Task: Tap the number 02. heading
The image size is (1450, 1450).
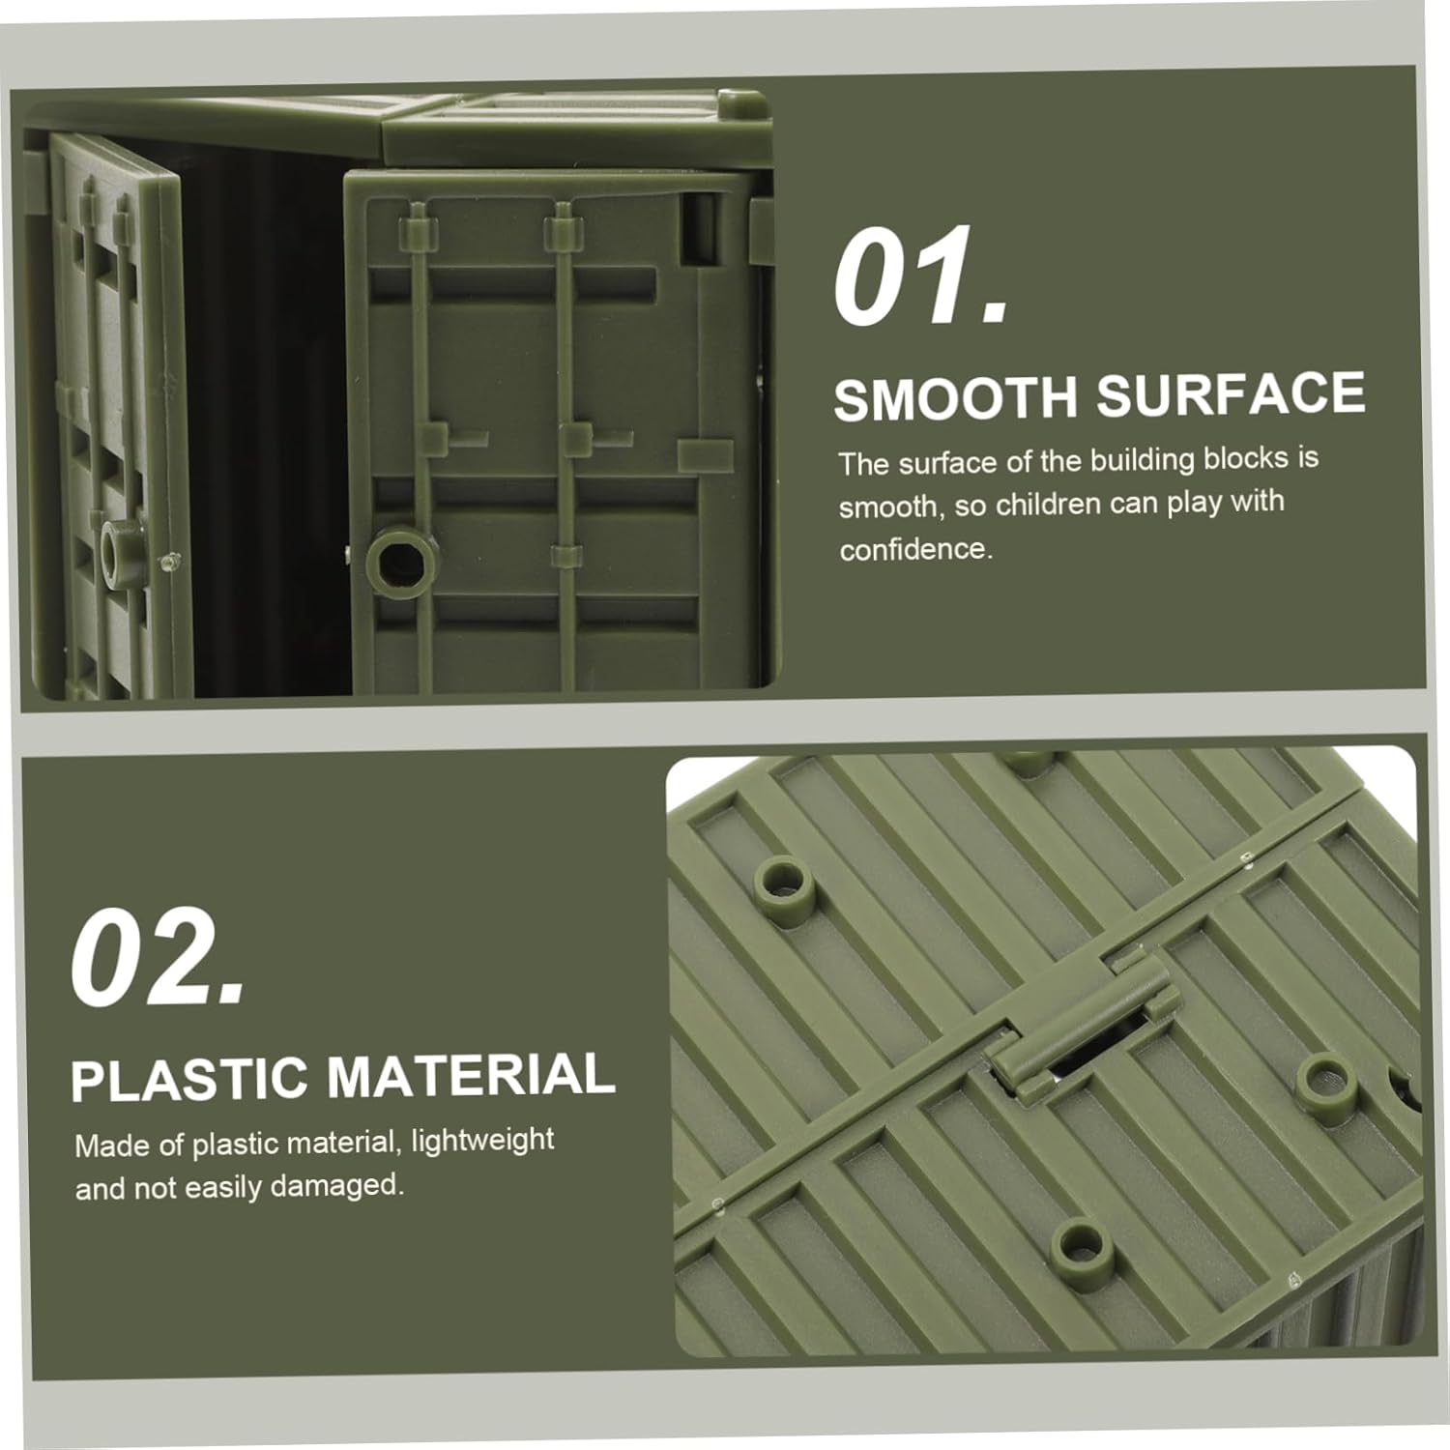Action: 159,957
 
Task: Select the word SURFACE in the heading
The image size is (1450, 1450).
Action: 1230,393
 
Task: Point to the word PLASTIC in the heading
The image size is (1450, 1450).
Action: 188,1080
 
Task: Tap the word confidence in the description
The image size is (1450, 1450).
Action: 914,549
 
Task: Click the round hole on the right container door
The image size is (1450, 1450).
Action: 400,560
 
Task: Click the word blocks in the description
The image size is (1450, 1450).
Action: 1246,457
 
